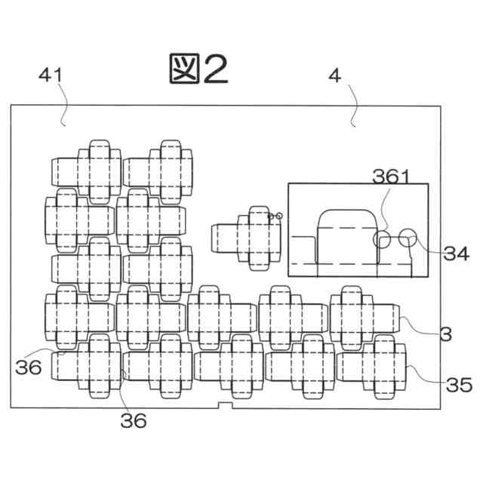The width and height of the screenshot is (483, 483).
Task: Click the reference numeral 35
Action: point(459,386)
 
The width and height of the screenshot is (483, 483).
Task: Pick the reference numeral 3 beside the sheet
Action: point(445,332)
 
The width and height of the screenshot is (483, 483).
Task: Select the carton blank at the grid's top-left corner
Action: point(85,171)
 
